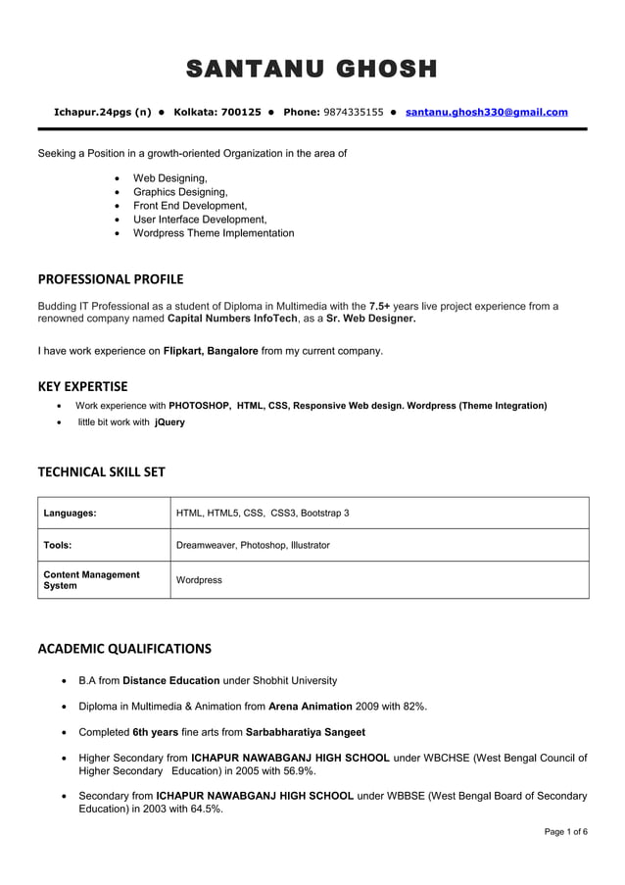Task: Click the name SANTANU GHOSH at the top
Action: pyautogui.click(x=312, y=70)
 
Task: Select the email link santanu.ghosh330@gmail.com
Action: pyautogui.click(x=486, y=113)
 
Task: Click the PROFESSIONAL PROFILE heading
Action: pyautogui.click(x=110, y=279)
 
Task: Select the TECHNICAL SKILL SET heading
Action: pyautogui.click(x=101, y=472)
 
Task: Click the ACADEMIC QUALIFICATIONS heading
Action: pyautogui.click(x=124, y=649)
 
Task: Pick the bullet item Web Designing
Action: pyautogui.click(x=169, y=178)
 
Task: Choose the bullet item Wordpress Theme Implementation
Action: pyautogui.click(x=213, y=233)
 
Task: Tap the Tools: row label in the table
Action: pyautogui.click(x=58, y=545)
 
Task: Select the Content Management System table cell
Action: pyautogui.click(x=91, y=580)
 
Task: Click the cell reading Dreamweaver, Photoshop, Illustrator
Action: pyautogui.click(x=253, y=545)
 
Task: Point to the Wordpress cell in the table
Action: pyautogui.click(x=199, y=580)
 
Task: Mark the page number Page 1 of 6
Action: pyautogui.click(x=566, y=832)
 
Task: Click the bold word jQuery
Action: pyautogui.click(x=169, y=422)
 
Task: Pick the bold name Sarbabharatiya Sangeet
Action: pyautogui.click(x=305, y=732)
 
